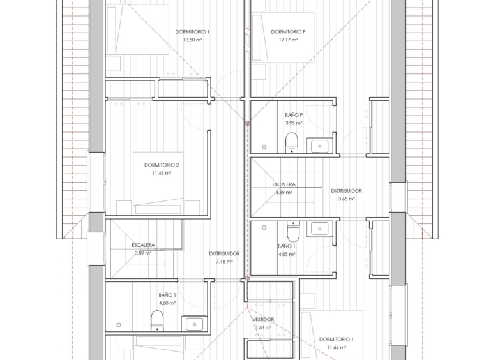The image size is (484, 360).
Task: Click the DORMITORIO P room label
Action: [289, 32]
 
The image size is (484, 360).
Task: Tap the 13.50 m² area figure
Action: [192, 40]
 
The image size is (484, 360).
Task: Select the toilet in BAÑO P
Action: [291, 142]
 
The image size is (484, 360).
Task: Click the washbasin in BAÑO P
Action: [319, 146]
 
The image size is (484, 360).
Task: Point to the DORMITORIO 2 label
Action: [162, 165]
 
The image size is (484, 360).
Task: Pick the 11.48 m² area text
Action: [162, 173]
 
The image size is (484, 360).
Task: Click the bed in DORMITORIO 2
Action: [158, 183]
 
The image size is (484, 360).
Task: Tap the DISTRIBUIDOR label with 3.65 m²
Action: [346, 191]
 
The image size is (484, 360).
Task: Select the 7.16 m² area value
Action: [224, 262]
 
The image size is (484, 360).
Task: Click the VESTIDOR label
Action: [263, 320]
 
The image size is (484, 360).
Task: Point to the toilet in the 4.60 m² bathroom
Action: [157, 321]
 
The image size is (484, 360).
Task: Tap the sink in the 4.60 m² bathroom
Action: [194, 324]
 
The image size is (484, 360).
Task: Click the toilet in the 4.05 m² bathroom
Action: [293, 231]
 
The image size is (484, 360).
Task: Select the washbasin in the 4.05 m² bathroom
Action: [320, 229]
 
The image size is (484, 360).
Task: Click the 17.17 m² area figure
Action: [289, 40]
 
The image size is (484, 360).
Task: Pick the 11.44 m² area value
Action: [336, 347]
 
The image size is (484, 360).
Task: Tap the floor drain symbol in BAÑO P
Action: [264, 147]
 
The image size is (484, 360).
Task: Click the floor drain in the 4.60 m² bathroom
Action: [119, 325]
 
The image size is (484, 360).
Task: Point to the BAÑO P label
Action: [294, 115]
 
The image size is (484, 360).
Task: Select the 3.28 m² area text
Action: [263, 327]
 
